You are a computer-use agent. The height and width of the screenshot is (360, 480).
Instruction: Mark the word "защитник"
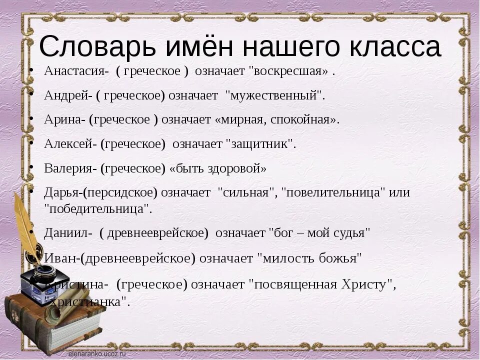[261, 144]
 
